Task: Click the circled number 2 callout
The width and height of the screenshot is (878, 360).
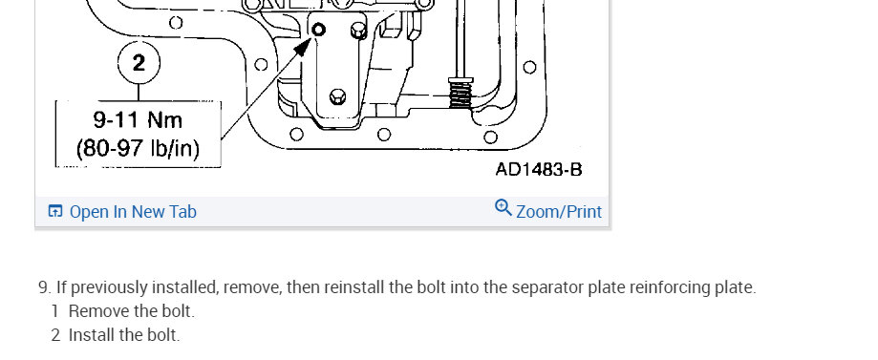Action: tap(139, 62)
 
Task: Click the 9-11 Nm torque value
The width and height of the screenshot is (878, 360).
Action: tap(138, 119)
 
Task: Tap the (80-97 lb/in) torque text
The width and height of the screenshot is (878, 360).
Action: tap(138, 149)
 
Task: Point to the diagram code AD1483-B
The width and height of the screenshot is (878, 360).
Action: tap(539, 170)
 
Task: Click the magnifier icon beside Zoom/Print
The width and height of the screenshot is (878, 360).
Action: tap(503, 208)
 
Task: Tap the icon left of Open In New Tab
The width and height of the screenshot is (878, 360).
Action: tap(54, 211)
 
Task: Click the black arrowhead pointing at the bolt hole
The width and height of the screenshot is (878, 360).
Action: tap(302, 47)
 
